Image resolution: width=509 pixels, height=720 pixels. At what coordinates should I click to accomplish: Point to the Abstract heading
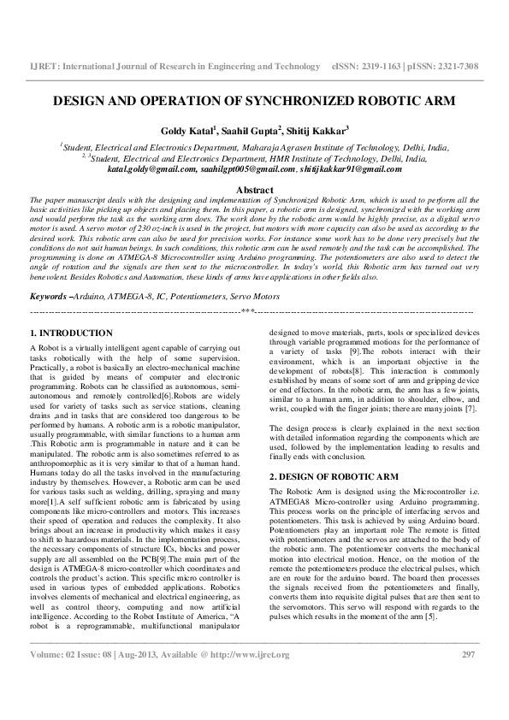pyautogui.click(x=254, y=190)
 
